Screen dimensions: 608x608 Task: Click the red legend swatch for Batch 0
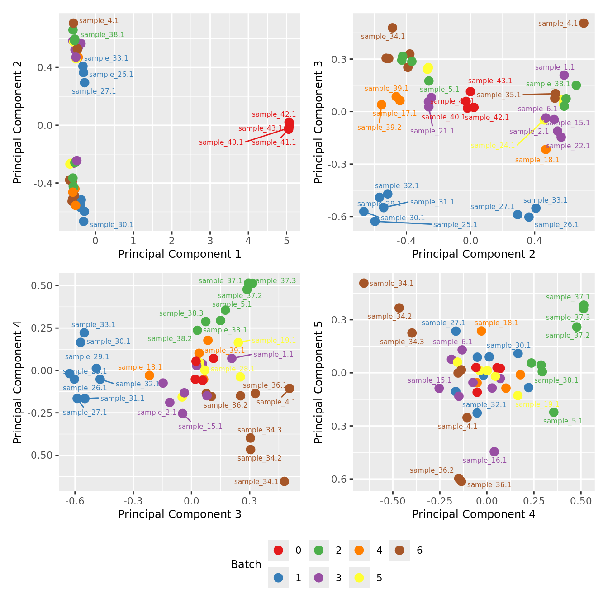279,550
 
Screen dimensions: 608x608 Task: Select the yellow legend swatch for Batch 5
359,578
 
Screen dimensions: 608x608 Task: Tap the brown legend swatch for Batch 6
399,550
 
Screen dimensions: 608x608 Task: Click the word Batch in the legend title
246,565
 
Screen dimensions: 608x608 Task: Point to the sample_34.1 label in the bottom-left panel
256,482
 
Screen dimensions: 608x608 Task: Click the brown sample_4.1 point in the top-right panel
584,23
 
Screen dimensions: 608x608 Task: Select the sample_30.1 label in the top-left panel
112,225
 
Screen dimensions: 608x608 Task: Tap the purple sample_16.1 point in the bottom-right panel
494,451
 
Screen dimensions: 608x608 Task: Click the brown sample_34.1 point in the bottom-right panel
364,283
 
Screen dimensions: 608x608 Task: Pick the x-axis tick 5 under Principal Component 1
286,240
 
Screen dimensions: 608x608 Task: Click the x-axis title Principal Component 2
474,254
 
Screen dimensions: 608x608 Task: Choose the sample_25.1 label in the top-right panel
455,225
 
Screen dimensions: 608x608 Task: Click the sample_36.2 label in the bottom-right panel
432,470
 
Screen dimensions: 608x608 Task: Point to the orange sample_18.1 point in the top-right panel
546,149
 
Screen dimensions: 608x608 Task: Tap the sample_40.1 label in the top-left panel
221,142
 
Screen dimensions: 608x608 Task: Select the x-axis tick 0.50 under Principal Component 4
581,501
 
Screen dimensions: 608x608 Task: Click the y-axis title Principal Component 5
318,382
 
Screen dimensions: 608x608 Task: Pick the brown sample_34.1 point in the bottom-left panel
284,481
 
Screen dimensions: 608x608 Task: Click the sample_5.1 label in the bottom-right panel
563,421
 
